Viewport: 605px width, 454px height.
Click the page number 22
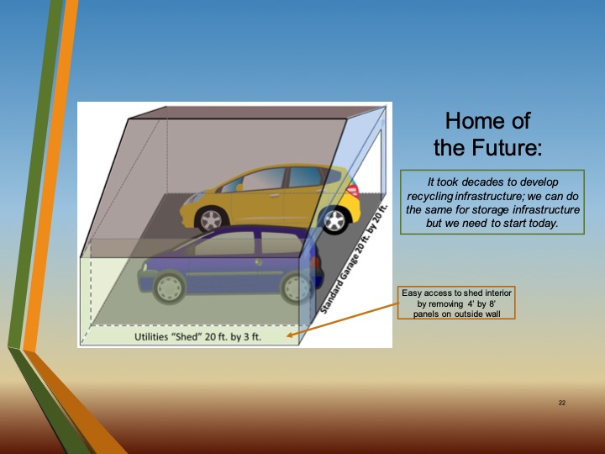tap(562, 404)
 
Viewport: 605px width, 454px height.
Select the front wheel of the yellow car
tap(334, 221)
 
